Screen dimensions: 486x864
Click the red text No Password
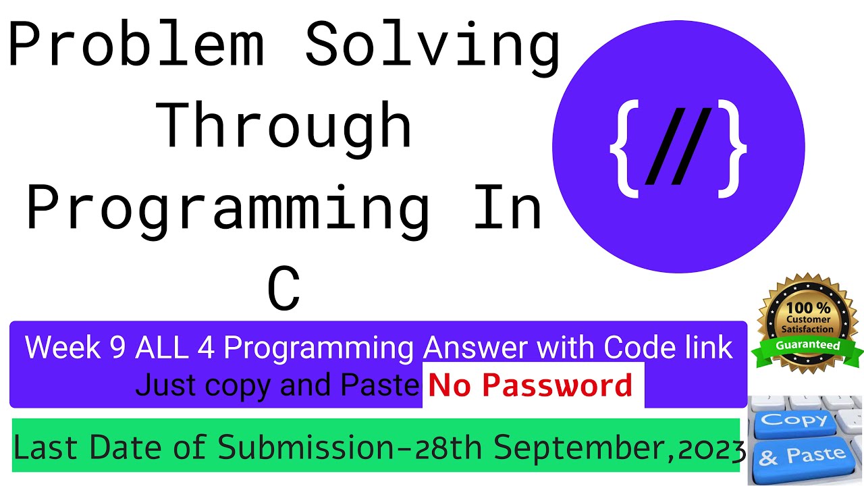click(x=531, y=385)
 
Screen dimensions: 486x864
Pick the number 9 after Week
click(x=116, y=348)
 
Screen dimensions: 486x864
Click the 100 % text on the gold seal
click(x=808, y=308)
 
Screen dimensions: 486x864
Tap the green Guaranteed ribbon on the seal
click(x=808, y=346)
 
